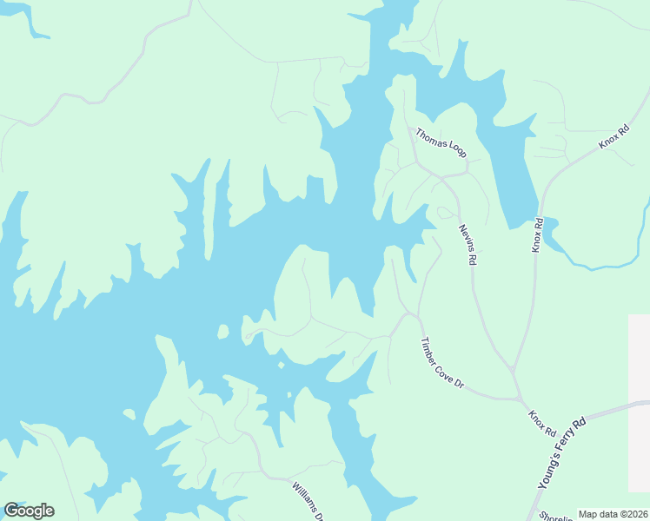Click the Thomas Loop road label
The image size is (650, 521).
click(441, 143)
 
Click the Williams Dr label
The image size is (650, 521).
click(308, 501)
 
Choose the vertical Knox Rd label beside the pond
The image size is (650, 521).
click(538, 235)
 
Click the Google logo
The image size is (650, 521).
click(29, 511)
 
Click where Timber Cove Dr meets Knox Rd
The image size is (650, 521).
click(518, 399)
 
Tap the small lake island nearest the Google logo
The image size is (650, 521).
click(129, 415)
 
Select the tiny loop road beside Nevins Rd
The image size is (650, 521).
click(446, 212)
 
